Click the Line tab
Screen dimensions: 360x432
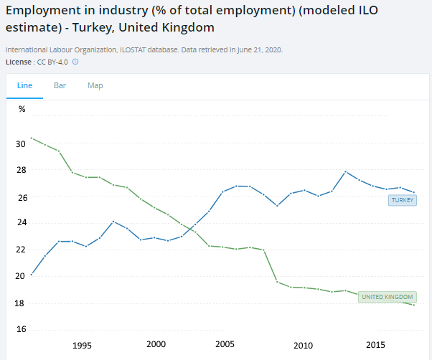pos(24,85)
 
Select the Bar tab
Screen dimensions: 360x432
pos(60,85)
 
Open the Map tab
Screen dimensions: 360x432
pos(95,85)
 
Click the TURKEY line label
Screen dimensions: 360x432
pos(402,200)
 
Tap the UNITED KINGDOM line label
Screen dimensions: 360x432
pos(388,297)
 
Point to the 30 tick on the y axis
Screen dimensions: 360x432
pos(21,143)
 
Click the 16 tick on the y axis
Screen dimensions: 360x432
pos(21,330)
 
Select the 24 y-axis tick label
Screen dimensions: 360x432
pos(21,223)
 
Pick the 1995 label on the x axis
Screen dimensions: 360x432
pos(82,345)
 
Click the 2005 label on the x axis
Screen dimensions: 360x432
pos(225,345)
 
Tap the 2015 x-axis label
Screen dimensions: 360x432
pos(375,345)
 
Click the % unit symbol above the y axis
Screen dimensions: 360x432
pos(22,109)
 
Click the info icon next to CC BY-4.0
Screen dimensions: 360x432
pos(75,62)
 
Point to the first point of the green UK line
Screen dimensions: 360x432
pos(32,138)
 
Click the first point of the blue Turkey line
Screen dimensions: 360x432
pos(32,274)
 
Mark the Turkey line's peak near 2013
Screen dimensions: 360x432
pos(346,171)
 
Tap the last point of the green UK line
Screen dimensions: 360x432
pos(414,305)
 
